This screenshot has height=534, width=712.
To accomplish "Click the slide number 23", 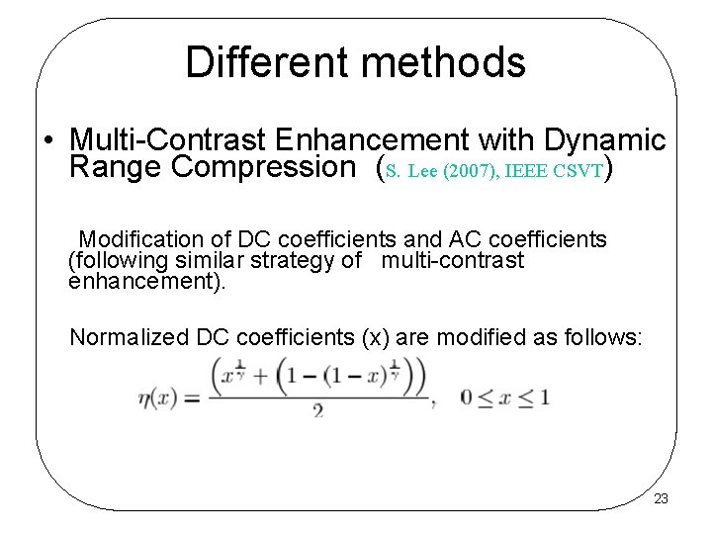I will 661,499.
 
